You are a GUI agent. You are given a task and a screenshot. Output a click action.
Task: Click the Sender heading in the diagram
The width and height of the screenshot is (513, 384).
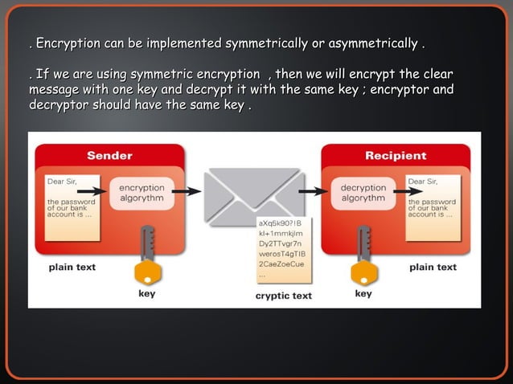coord(109,155)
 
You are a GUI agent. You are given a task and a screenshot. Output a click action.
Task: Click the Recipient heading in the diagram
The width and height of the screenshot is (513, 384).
coord(395,155)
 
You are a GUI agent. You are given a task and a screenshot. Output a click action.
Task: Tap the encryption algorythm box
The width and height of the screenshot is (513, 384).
coord(141,192)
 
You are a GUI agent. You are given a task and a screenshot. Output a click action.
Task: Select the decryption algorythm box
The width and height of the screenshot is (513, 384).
coord(363,192)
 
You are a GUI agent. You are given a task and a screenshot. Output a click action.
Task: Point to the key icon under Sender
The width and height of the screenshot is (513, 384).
coord(146,257)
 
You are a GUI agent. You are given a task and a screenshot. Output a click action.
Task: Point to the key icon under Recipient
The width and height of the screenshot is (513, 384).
coord(363,257)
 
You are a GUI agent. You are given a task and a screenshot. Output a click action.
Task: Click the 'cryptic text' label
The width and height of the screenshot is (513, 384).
coord(283,296)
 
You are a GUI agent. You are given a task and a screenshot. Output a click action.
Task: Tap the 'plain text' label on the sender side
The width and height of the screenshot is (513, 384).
coord(73,267)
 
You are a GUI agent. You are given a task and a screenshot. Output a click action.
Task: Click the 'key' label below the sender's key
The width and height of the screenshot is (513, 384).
coord(146,294)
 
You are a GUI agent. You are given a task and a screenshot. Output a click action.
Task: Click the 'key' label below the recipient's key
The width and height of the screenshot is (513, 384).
coord(363,294)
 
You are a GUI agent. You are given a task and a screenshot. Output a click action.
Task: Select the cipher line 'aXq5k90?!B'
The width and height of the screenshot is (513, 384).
coord(279,222)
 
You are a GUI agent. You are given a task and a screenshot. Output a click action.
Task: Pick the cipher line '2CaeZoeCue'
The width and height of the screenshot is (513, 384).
coord(281,263)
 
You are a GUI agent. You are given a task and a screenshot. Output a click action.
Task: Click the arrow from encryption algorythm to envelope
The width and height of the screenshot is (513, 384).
coord(187,191)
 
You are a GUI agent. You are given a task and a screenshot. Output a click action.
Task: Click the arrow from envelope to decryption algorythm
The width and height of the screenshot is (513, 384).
coord(314,191)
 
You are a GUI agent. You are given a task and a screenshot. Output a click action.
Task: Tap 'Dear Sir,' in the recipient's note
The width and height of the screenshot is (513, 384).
coord(423,182)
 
